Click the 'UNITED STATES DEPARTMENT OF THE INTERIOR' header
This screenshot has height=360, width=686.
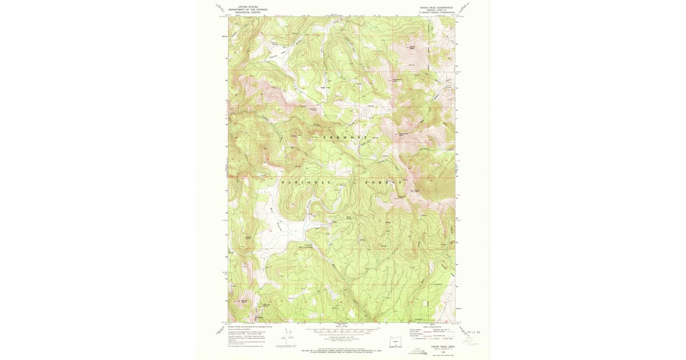(248, 10)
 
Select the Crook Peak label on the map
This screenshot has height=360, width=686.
(412, 47)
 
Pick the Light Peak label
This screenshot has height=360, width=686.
(417, 190)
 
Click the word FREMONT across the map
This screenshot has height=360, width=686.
(345, 138)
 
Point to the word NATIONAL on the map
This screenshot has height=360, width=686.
(305, 182)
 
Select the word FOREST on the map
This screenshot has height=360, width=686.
(378, 182)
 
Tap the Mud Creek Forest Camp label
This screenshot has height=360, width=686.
(306, 242)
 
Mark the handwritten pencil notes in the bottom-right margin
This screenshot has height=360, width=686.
(472, 342)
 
